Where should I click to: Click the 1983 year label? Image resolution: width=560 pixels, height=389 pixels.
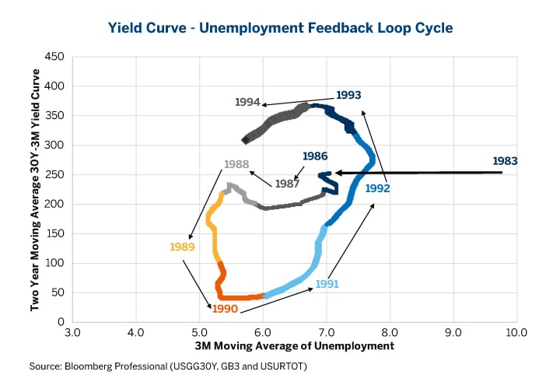click(x=505, y=161)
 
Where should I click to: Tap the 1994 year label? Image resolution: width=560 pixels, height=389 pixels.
click(x=247, y=102)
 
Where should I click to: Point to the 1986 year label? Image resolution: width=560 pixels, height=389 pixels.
click(x=315, y=156)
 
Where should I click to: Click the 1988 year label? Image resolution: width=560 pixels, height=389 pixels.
click(x=236, y=164)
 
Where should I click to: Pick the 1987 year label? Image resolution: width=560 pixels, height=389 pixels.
click(x=288, y=184)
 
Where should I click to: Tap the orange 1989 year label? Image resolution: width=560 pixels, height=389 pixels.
click(x=182, y=247)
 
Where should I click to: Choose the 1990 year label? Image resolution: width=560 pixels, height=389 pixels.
click(x=224, y=309)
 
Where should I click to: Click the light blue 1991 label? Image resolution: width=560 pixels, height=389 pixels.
click(x=327, y=284)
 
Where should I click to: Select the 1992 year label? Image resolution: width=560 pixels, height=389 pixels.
click(x=377, y=187)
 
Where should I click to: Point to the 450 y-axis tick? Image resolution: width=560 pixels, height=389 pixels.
click(x=54, y=56)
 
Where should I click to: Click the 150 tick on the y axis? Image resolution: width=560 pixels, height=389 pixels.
click(x=54, y=233)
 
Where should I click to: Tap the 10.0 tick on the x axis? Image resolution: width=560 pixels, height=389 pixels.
click(x=516, y=333)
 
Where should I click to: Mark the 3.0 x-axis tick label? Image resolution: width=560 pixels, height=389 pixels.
click(x=72, y=333)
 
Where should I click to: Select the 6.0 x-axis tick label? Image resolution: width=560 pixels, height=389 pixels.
click(x=263, y=333)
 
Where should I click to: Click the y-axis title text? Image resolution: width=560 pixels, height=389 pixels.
click(x=35, y=189)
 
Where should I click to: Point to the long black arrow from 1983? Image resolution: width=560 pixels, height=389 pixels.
click(x=420, y=173)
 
